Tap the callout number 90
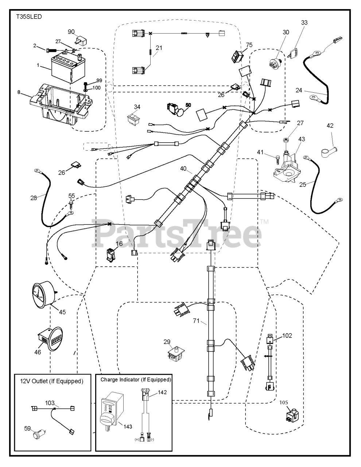coord(71,32)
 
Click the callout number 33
coord(304,23)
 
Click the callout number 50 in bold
coord(188,105)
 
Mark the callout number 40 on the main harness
coord(183,169)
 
